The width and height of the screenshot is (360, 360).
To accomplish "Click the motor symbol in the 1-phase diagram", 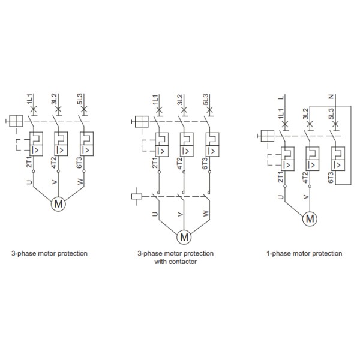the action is tap(310, 219).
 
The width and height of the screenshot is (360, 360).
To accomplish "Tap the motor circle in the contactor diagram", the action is tap(184, 237).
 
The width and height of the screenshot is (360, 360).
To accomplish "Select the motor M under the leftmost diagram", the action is tap(58, 204).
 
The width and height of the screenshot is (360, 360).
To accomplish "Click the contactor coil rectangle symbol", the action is tap(137, 197).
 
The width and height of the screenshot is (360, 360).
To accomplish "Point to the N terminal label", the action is tap(331, 97).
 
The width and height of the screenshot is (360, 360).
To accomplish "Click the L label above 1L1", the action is tap(281, 97).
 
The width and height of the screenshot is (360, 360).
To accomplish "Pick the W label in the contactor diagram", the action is tap(206, 213).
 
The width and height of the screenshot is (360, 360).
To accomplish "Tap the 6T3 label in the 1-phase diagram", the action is tap(331, 178).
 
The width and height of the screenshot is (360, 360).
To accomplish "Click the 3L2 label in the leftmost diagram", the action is tap(54, 99).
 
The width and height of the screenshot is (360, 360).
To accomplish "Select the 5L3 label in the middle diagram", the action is tap(205, 100).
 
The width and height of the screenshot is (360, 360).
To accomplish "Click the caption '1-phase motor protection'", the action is tap(304, 253).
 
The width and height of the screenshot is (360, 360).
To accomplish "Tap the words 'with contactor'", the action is tap(176, 262).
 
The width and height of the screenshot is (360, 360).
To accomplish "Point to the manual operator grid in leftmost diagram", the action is tap(16, 121).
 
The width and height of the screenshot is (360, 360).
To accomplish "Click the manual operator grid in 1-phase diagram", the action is tap(268, 136).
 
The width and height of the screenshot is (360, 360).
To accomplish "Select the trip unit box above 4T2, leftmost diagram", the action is tap(61, 144).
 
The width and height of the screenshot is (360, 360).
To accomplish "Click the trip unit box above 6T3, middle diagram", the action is tap(212, 145).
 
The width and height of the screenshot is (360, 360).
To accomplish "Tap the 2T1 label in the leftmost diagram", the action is tap(29, 163).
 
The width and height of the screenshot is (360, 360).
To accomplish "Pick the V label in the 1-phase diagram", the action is tap(306, 197).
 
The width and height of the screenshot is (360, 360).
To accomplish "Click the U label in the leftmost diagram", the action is tap(29, 182).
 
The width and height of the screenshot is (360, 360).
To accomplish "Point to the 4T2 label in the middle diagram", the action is tap(180, 163).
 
